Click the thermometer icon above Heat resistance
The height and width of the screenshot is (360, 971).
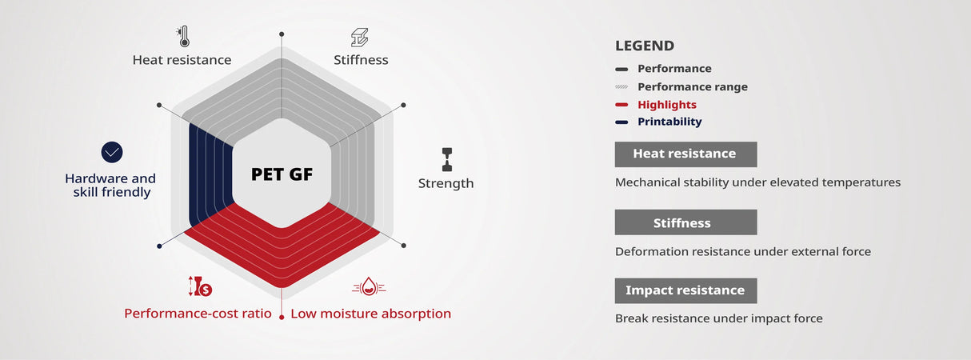[184, 37]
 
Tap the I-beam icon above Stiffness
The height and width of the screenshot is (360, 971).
[360, 38]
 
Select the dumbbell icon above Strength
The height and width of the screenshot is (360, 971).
[447, 160]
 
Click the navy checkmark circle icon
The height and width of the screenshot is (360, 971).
[112, 152]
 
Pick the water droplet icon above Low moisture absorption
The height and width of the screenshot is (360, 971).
[369, 286]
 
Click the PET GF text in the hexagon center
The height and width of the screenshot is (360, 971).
[282, 174]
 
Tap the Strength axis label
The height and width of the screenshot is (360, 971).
[446, 183]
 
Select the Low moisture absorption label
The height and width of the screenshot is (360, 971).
[370, 314]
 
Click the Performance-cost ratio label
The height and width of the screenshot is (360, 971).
[198, 314]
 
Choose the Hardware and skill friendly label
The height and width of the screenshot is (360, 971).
[110, 186]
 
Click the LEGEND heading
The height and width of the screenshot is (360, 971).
[645, 46]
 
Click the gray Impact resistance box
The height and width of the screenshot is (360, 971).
[685, 290]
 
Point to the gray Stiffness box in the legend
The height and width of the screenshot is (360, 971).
[685, 222]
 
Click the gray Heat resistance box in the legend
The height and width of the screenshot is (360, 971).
[685, 154]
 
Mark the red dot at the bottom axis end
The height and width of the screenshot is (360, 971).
[282, 318]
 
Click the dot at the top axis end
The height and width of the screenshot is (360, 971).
[282, 34]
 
